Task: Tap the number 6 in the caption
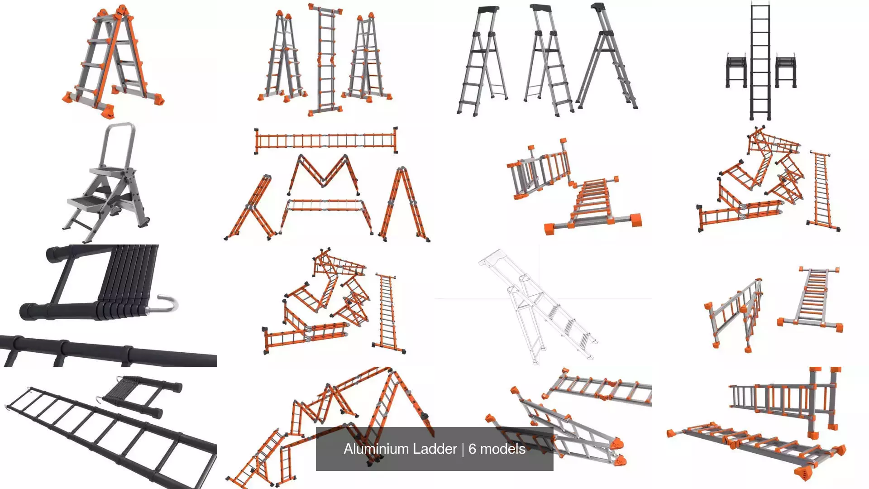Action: [x=472, y=449]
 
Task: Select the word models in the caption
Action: [x=503, y=449]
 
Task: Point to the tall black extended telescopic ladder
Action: [x=760, y=61]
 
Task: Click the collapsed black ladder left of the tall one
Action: [x=736, y=70]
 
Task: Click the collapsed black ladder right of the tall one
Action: [x=786, y=70]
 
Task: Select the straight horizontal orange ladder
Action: [x=326, y=140]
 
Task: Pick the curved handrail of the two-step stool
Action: [x=119, y=145]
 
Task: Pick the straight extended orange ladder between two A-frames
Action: [x=325, y=59]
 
